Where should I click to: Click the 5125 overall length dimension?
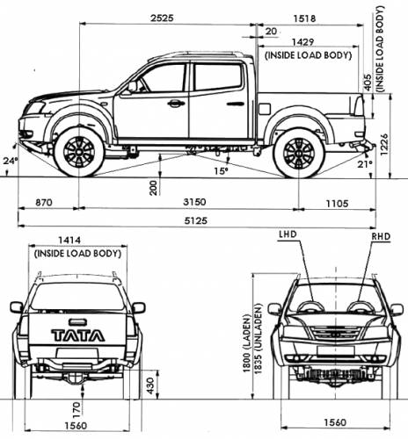coord(196,220)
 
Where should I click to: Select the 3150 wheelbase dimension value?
coord(194,202)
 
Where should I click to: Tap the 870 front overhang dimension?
coord(44,202)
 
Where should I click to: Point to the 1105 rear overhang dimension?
coord(338,203)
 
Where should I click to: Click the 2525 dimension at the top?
coord(162,18)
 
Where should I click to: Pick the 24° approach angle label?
coord(11,161)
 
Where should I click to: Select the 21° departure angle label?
coord(364,164)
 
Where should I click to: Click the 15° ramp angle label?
coord(221,170)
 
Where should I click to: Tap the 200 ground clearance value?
coord(153,188)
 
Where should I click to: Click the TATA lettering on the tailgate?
coord(78,335)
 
